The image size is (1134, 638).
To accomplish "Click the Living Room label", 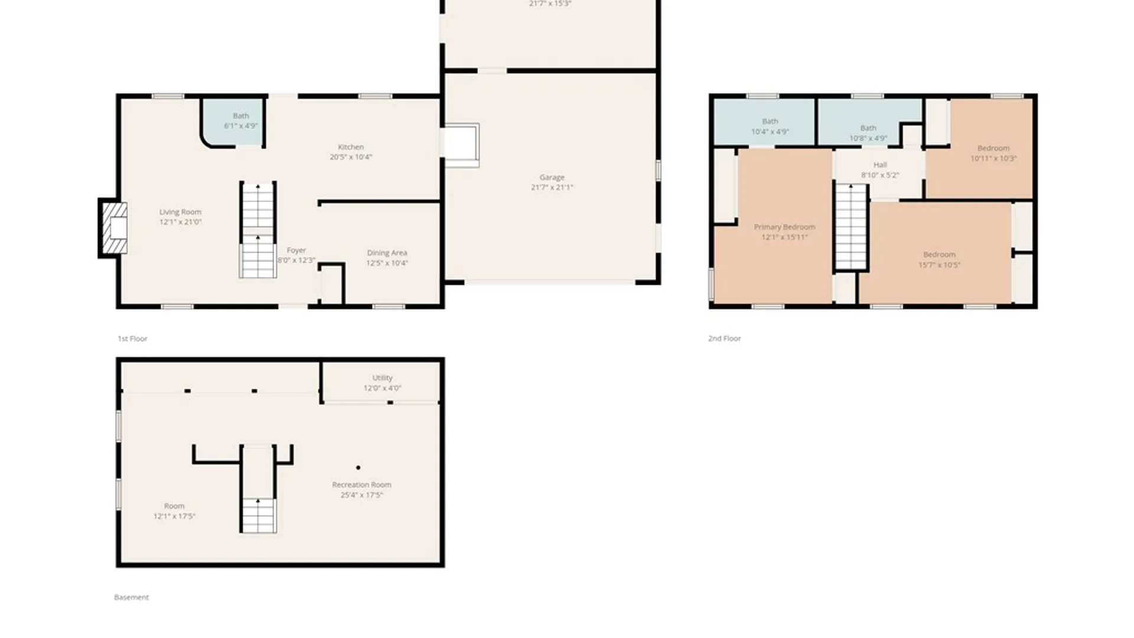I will (x=180, y=212).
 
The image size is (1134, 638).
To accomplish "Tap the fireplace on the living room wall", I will (x=115, y=228).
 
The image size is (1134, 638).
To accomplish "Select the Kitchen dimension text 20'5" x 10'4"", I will (x=351, y=157).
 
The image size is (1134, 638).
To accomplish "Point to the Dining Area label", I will (x=387, y=253).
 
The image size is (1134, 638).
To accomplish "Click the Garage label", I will (x=552, y=177).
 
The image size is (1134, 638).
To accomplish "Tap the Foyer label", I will (x=296, y=250).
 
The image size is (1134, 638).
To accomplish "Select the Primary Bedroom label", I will (x=784, y=227).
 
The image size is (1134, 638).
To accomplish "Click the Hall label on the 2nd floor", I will (x=880, y=165).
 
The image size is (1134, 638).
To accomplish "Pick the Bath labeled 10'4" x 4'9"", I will (x=770, y=126).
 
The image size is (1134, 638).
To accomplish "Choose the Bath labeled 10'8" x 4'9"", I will (x=868, y=132).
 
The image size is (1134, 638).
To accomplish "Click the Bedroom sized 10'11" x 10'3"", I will (x=993, y=153).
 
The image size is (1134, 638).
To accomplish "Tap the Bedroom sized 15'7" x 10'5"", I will (x=939, y=259).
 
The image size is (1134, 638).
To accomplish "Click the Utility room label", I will (x=382, y=378).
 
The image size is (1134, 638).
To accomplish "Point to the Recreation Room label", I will (x=361, y=485).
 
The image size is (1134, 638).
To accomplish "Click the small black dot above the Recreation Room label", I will (x=358, y=468).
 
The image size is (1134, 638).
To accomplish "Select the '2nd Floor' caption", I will (x=724, y=338).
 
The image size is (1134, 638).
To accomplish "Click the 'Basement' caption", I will (x=131, y=597).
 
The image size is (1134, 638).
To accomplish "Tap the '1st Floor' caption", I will (x=132, y=338).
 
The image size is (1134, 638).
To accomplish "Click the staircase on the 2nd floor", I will (x=850, y=227).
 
